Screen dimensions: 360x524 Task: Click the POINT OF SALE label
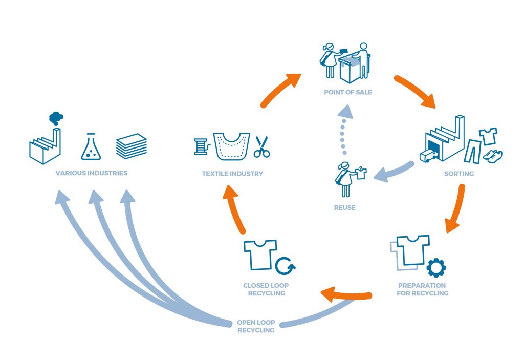click(347, 92)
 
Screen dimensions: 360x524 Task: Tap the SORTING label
click(459, 174)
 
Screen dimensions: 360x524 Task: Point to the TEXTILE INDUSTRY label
click(232, 174)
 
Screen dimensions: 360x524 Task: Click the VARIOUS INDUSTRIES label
click(92, 173)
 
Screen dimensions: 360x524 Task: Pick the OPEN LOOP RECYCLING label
click(256, 326)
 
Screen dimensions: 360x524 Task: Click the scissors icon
click(261, 146)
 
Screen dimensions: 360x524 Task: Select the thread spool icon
click(201, 146)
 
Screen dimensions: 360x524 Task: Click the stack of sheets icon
click(132, 146)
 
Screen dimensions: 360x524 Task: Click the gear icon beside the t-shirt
click(436, 267)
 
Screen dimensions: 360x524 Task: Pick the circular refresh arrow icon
click(286, 266)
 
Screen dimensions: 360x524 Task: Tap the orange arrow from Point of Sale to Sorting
click(416, 91)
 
